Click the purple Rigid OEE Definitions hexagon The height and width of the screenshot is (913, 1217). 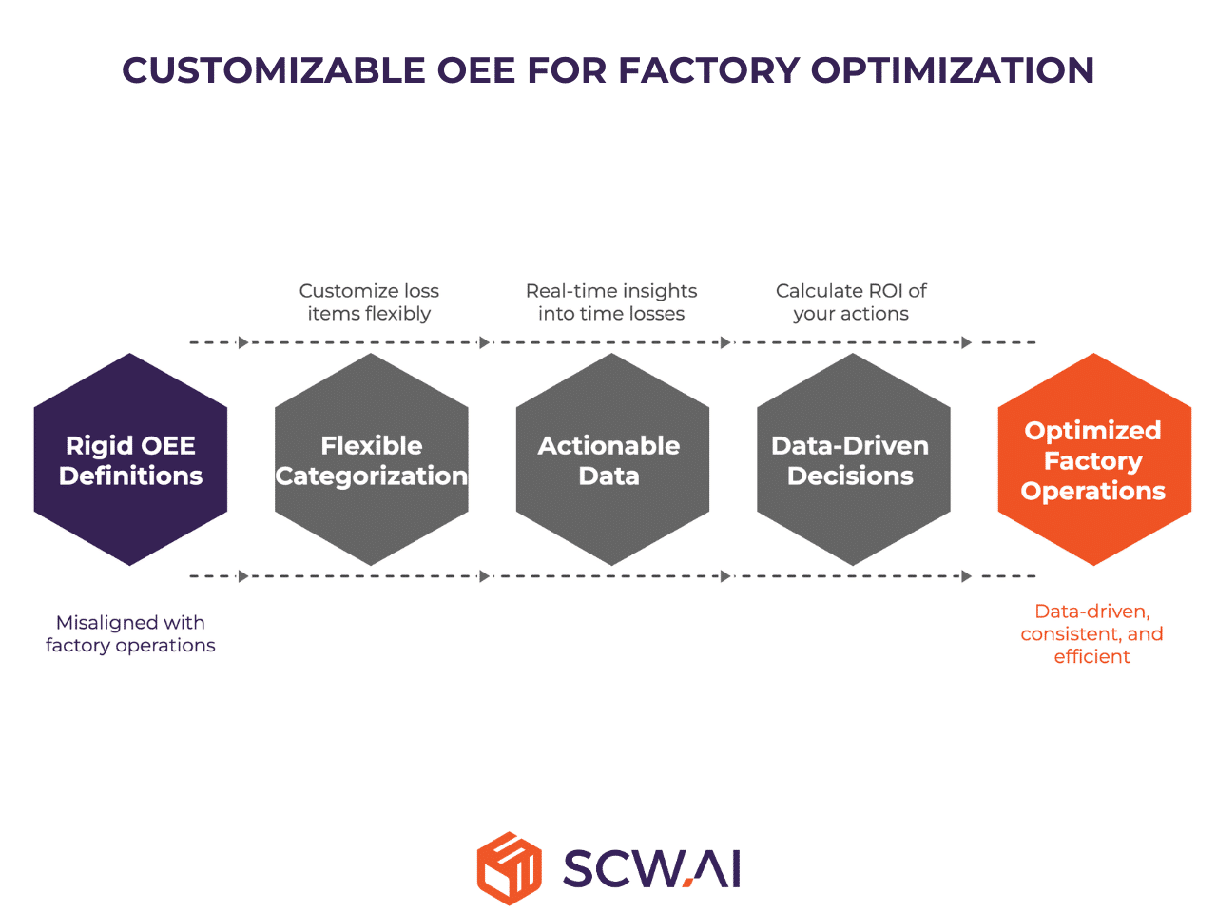130,460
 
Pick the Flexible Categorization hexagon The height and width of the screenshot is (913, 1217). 372,460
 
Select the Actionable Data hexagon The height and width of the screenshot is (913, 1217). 612,460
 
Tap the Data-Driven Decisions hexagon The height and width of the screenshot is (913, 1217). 853,460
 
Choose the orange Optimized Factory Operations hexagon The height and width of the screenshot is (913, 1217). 1094,460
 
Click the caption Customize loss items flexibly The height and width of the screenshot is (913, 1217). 369,302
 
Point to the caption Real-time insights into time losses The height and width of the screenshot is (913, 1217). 611,302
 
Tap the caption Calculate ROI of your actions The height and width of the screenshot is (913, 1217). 851,302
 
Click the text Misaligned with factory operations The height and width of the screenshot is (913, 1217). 130,634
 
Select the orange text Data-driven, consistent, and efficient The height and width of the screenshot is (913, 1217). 1092,634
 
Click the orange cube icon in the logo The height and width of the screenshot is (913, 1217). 510,868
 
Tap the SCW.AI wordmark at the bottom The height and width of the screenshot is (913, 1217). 651,868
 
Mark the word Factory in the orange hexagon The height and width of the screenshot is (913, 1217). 1093,461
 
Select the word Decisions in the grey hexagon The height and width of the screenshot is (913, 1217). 851,476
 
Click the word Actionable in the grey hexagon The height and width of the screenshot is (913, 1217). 609,446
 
